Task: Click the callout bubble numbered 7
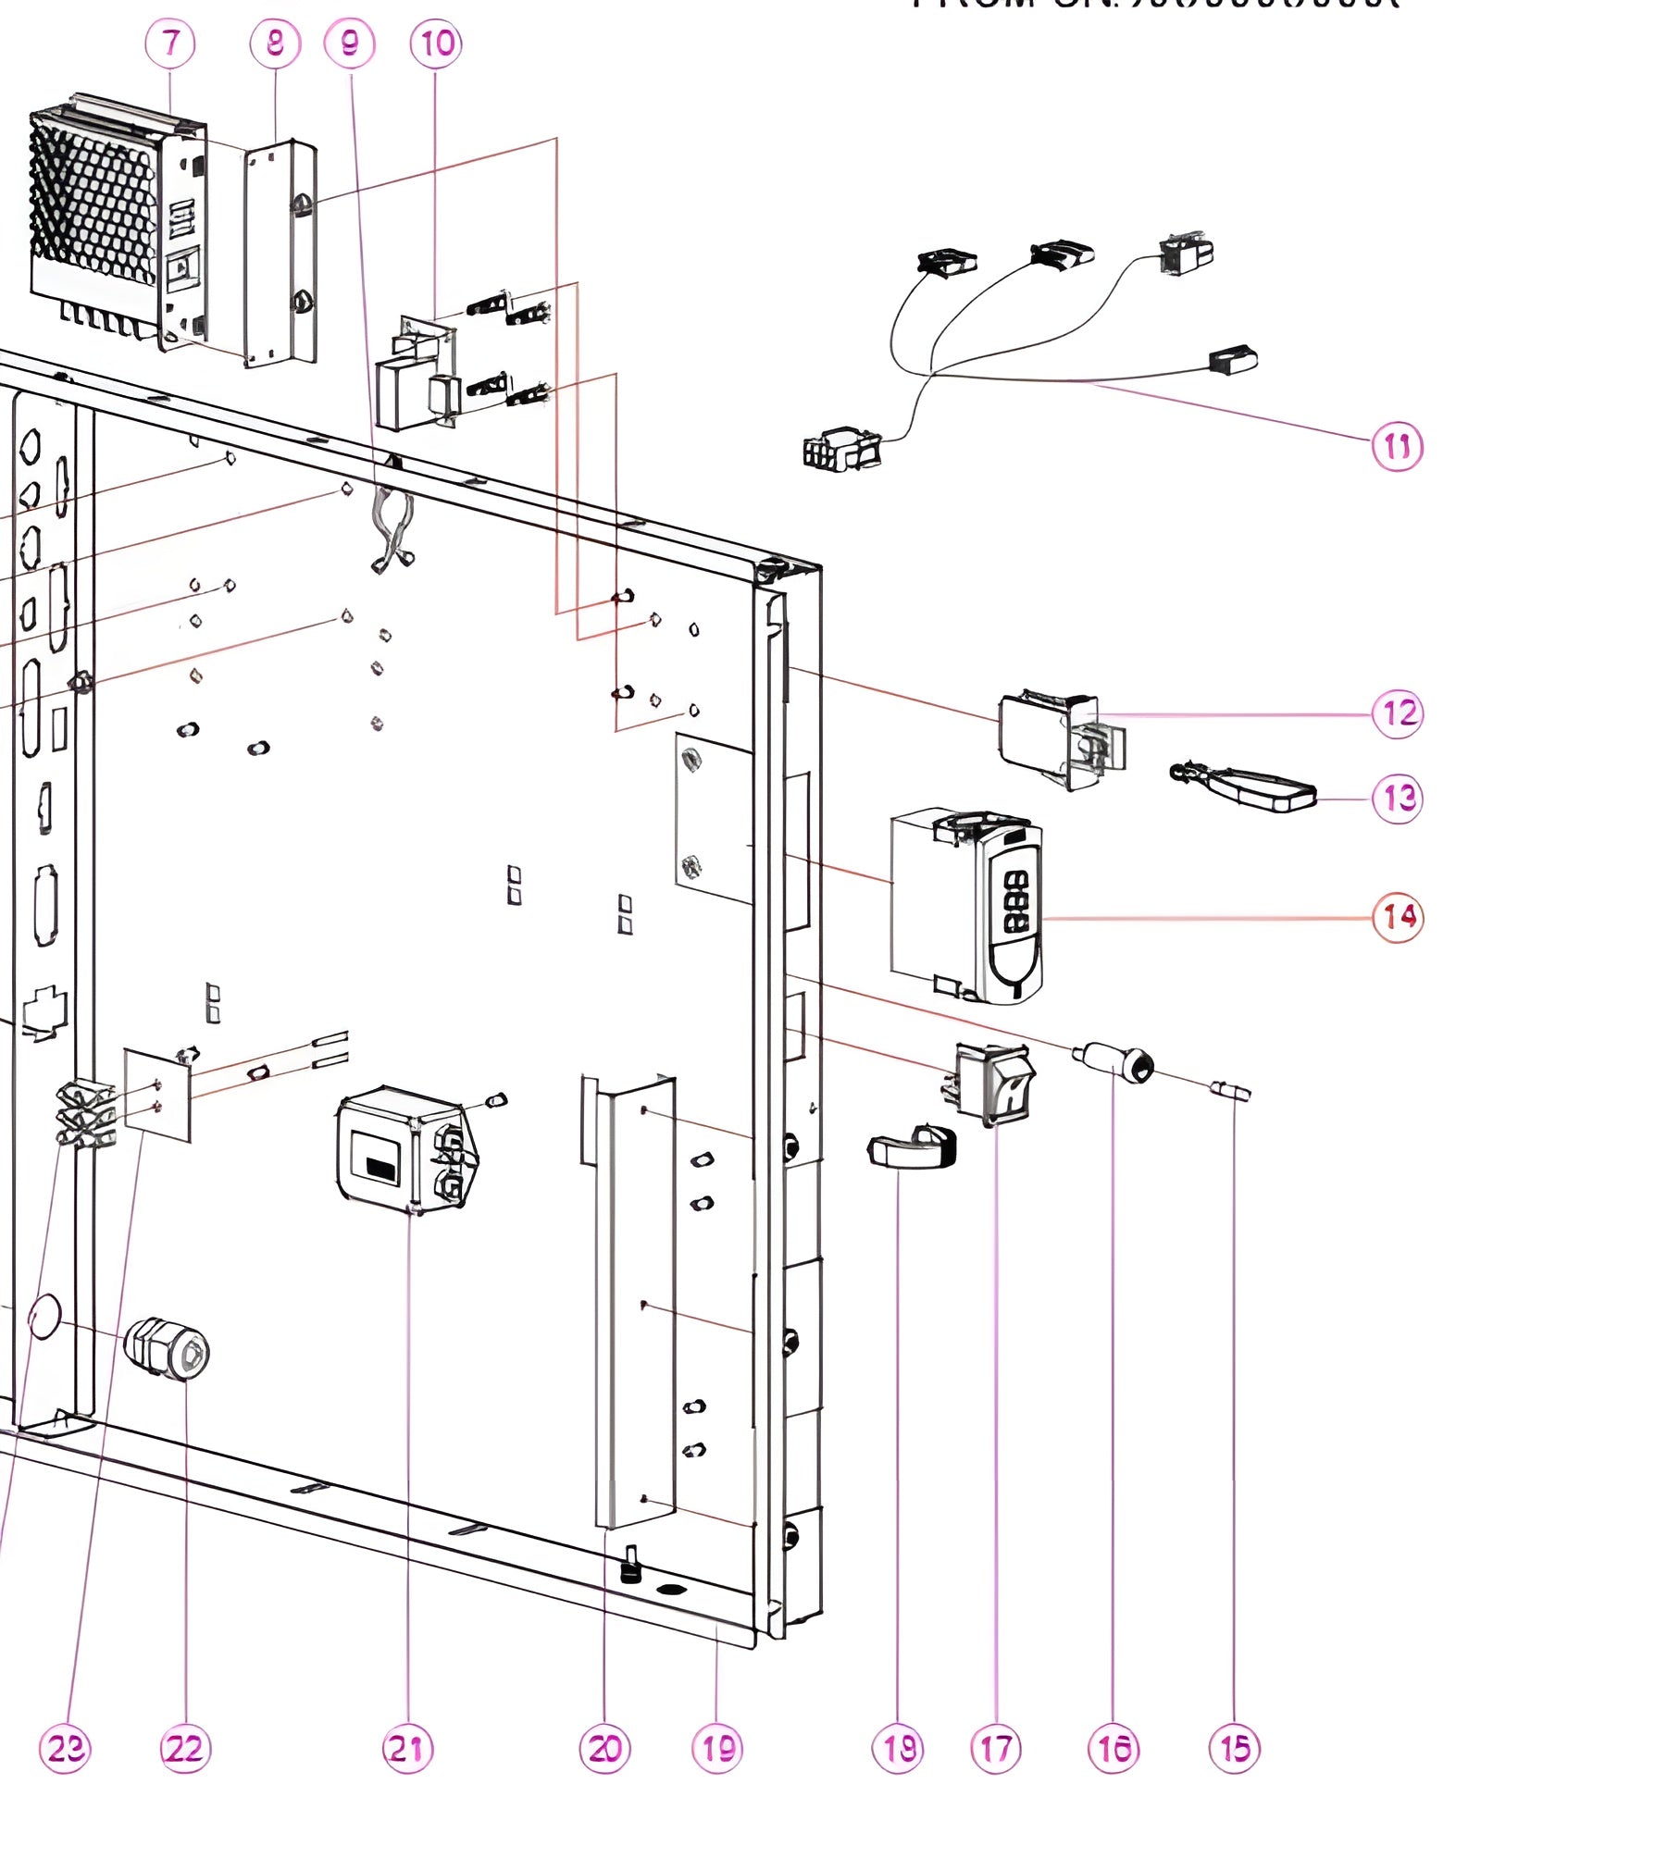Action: coord(170,43)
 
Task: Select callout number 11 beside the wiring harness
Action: coord(1397,447)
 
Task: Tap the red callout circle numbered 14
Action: coord(1398,917)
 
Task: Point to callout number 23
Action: coord(66,1748)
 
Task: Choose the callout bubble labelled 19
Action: coord(717,1748)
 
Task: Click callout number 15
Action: coord(1235,1748)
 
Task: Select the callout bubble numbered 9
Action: coord(350,43)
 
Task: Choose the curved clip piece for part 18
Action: coord(912,1148)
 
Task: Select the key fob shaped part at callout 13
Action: coord(1245,786)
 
